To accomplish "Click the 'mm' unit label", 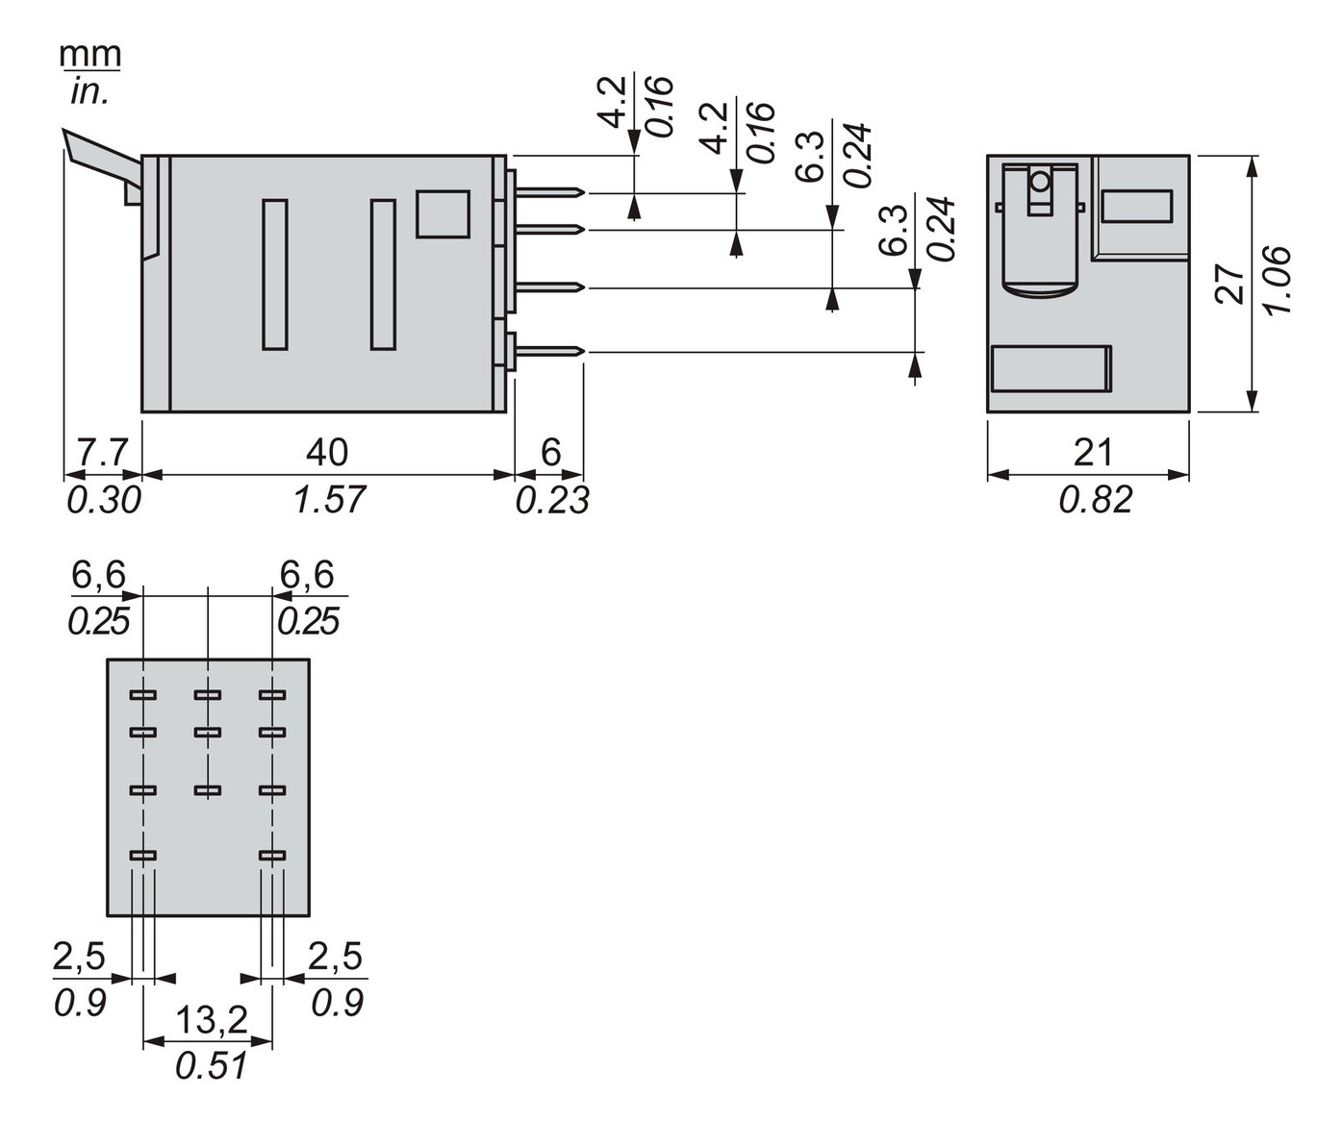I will [x=90, y=55].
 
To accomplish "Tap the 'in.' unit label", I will [x=90, y=91].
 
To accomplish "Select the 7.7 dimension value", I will [x=101, y=452].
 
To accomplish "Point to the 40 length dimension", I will [x=327, y=452].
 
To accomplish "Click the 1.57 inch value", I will [x=329, y=499].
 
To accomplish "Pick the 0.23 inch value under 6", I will [x=551, y=499].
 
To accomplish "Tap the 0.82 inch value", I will [x=1095, y=499].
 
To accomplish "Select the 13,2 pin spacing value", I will [x=212, y=1020].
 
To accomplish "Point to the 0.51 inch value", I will [x=212, y=1065].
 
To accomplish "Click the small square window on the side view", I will [x=443, y=213].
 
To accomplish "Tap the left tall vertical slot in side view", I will [x=275, y=274].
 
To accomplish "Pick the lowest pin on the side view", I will [x=548, y=352].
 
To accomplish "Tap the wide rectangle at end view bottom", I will [x=1051, y=368].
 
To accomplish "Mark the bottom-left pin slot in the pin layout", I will [x=142, y=855].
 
